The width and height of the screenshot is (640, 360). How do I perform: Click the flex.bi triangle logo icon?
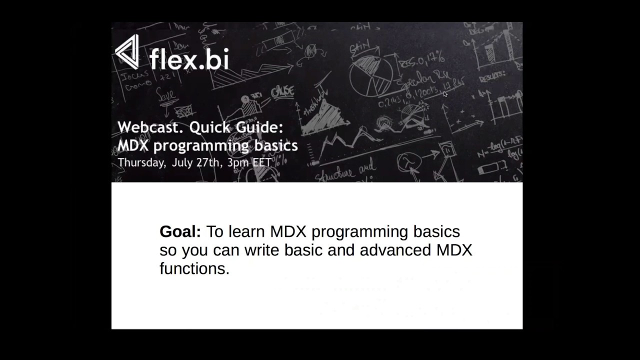click(x=127, y=52)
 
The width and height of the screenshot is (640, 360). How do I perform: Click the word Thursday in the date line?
click(x=141, y=163)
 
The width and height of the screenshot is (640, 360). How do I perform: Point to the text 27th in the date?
click(x=210, y=163)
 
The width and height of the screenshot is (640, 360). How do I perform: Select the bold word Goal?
click(x=180, y=231)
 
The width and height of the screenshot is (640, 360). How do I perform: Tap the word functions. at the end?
click(x=194, y=268)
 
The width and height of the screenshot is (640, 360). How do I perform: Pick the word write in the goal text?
click(x=262, y=250)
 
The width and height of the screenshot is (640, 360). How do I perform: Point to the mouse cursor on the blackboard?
click(x=445, y=94)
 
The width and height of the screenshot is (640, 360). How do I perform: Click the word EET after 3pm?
click(x=262, y=163)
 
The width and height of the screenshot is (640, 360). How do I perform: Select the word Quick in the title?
click(x=209, y=127)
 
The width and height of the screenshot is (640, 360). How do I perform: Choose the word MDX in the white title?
click(x=133, y=146)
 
